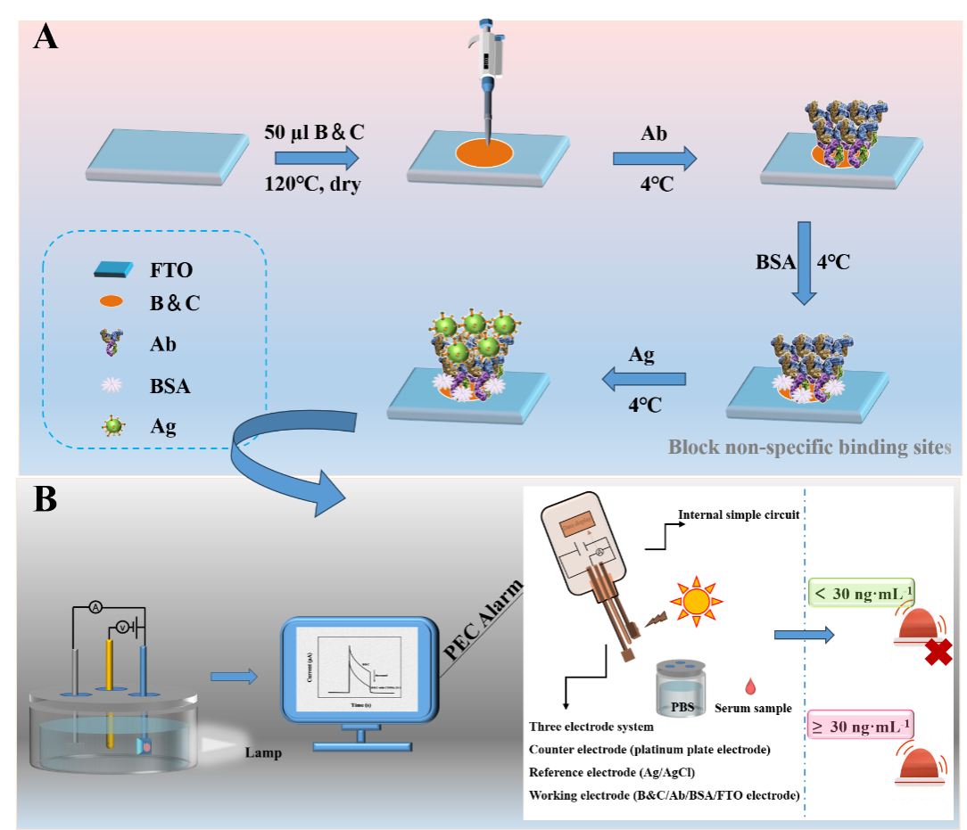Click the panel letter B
click(x=45, y=500)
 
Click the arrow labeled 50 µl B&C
click(x=316, y=160)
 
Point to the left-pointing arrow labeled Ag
click(x=643, y=381)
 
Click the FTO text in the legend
click(x=170, y=269)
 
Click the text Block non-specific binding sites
click(x=809, y=447)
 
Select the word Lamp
click(x=263, y=753)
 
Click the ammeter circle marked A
click(x=94, y=607)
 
